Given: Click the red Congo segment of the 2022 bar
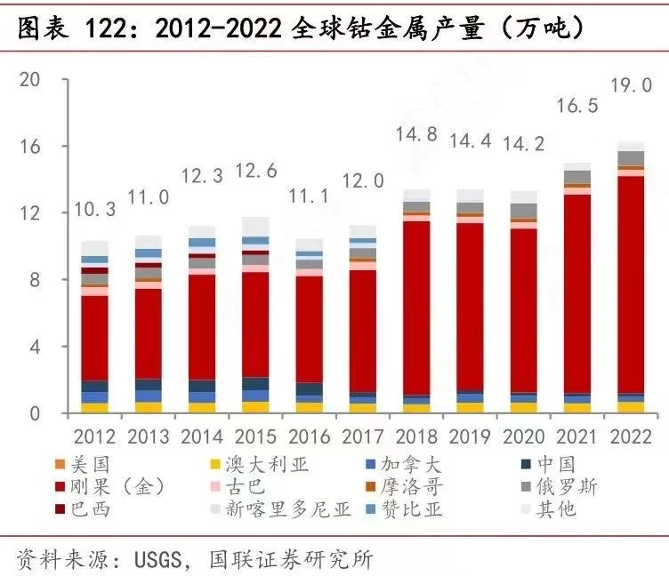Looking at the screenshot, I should [631, 284].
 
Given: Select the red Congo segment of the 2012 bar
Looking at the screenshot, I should [95, 338].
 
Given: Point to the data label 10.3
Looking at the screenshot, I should [94, 210].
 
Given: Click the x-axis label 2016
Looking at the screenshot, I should [309, 436].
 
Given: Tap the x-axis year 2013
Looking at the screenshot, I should [149, 436].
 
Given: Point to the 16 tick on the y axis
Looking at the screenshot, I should [30, 146].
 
